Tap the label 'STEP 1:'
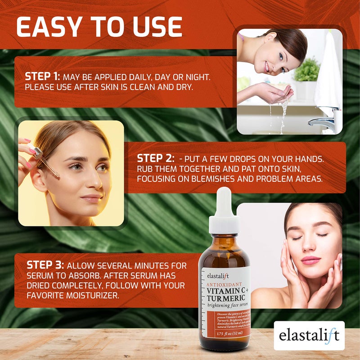point(42,76)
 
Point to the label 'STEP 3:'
point(45,265)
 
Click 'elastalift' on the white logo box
point(309,336)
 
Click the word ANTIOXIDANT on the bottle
point(224,284)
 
